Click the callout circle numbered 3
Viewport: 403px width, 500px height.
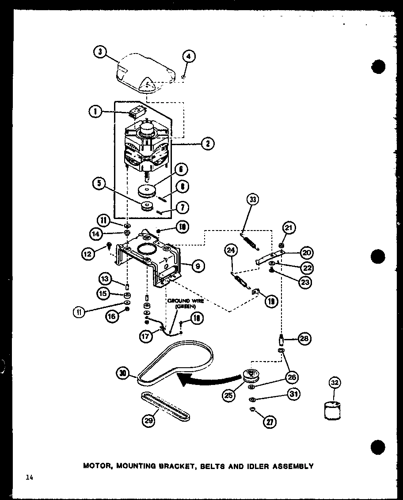[x=100, y=52]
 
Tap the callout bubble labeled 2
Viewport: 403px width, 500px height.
[x=207, y=143]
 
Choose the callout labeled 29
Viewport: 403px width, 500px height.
[x=149, y=420]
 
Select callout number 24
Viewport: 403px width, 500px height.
[x=231, y=250]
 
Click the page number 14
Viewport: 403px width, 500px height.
[x=29, y=477]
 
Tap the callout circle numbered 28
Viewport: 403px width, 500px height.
[x=304, y=339]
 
